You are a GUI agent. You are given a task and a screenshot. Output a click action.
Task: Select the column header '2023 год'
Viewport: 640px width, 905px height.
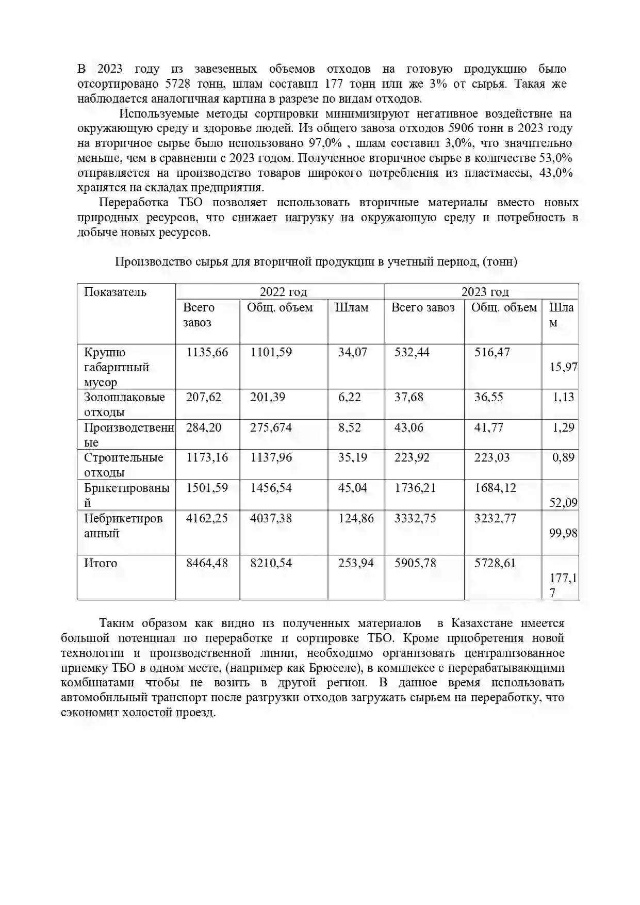coord(485,292)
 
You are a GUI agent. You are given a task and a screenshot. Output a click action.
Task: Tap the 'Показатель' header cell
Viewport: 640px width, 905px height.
coord(115,292)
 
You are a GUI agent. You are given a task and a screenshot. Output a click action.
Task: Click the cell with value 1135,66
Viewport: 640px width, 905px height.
coord(207,352)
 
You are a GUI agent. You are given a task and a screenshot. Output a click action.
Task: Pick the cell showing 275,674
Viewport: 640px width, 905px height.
coord(271,427)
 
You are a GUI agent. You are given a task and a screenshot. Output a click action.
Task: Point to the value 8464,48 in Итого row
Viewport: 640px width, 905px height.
coord(207,563)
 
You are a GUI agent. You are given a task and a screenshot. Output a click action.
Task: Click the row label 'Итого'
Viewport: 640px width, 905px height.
coord(101,563)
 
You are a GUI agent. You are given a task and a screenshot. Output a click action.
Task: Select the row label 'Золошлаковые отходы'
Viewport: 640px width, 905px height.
coord(124,404)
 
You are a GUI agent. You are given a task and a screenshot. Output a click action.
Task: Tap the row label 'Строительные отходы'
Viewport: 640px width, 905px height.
coord(123,465)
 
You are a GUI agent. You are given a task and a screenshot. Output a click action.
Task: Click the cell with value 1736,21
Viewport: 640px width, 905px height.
coord(415,488)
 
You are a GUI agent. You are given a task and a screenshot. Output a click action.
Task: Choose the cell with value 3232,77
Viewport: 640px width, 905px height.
coord(495,518)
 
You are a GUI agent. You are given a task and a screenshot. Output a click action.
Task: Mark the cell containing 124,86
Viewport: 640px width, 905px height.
coord(356,518)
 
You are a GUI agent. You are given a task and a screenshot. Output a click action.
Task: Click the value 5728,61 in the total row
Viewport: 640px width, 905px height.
coord(495,563)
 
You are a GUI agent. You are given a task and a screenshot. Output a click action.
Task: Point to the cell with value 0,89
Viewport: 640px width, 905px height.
coord(563,457)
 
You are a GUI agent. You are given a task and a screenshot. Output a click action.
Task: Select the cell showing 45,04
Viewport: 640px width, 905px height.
coord(353,488)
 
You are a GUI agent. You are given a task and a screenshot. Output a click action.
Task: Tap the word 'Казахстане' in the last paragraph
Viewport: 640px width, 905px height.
coord(482,623)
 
